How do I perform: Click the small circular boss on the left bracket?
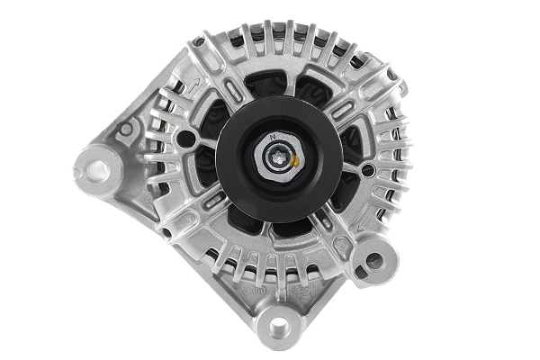click(x=128, y=129)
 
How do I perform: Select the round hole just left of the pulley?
click(x=185, y=139)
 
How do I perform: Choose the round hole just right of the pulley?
click(x=367, y=170)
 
